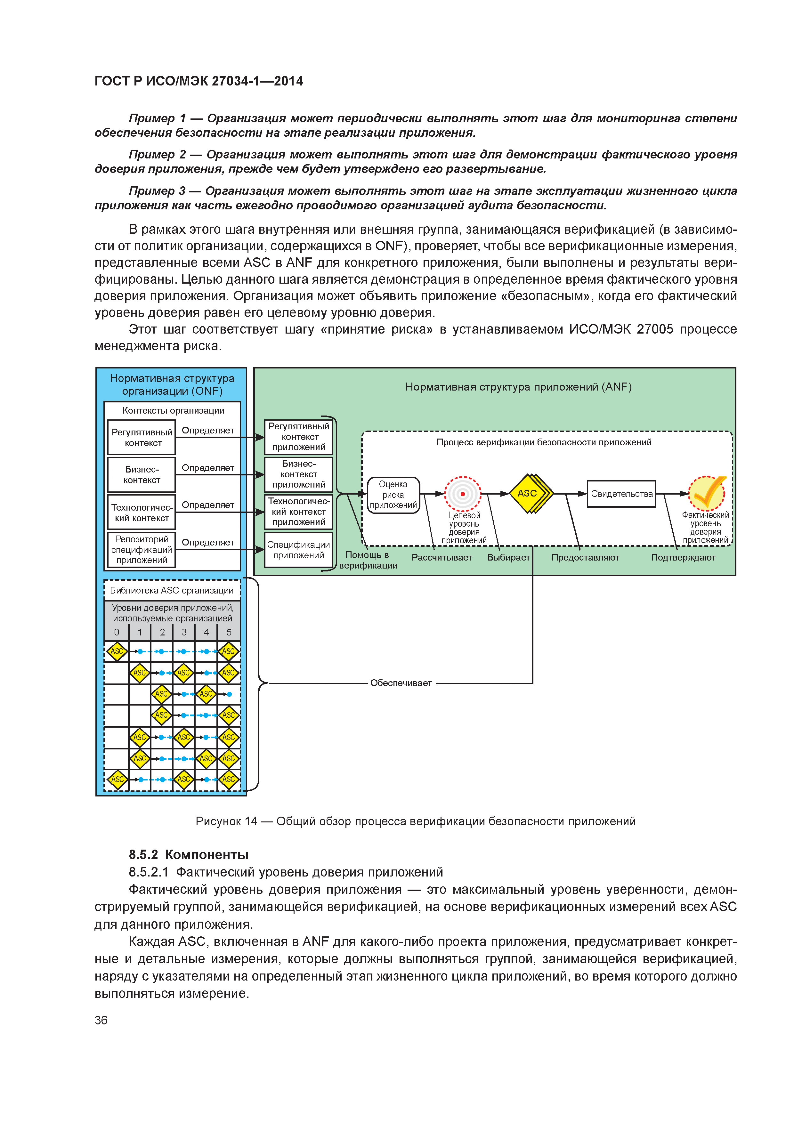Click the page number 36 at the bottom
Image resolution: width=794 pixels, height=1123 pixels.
point(101,1020)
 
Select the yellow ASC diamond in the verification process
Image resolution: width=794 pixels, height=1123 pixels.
point(528,494)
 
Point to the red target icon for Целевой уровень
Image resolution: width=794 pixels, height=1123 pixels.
point(462,494)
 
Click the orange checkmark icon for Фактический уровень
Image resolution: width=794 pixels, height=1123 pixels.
point(707,493)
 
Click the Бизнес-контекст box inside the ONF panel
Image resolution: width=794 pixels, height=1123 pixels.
point(142,474)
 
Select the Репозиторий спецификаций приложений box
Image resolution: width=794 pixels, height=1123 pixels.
point(142,549)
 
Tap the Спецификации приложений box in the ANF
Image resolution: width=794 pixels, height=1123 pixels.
point(298,550)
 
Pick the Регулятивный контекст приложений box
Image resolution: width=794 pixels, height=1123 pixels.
point(298,437)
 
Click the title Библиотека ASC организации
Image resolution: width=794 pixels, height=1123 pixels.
point(172,590)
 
